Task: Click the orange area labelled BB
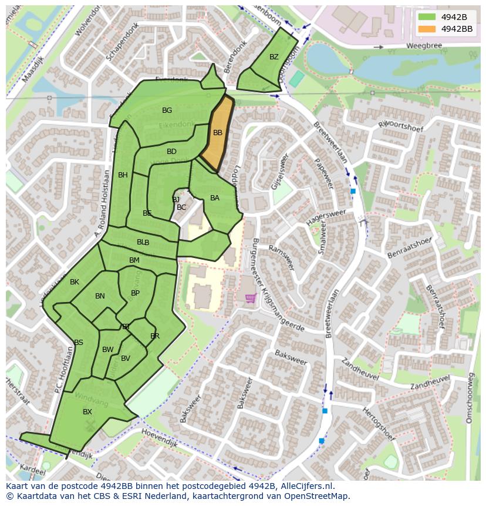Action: click(217, 133)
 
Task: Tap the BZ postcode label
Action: click(274, 57)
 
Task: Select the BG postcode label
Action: click(167, 110)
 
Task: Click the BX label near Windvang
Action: click(87, 412)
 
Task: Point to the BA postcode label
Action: click(215, 198)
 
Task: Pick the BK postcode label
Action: click(75, 282)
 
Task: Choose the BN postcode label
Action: click(100, 296)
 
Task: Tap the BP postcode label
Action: click(136, 293)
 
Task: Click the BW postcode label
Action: click(108, 350)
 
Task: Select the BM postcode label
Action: click(134, 260)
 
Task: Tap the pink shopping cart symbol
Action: click(251, 299)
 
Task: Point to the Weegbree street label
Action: click(423, 46)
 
